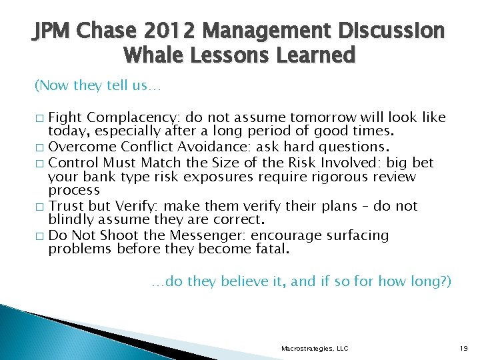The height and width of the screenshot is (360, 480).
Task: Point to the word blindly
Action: [x=69, y=219]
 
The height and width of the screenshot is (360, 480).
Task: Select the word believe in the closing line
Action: [x=243, y=282]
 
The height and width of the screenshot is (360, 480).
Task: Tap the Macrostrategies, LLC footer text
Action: [x=315, y=348]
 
